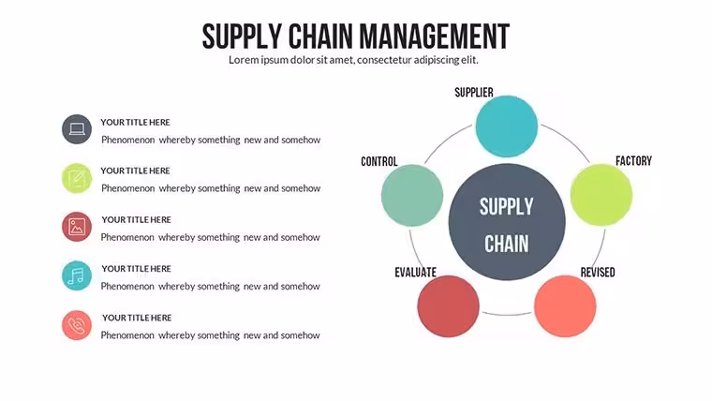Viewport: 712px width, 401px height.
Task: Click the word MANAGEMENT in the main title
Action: pyautogui.click(x=434, y=37)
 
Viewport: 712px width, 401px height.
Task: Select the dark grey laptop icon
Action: pyautogui.click(x=77, y=129)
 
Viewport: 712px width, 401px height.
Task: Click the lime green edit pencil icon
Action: pyautogui.click(x=77, y=178)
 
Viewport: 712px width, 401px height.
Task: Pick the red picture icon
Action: pyautogui.click(x=77, y=227)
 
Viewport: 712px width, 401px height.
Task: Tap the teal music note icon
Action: pyautogui.click(x=77, y=275)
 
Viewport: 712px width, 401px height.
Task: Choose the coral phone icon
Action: pyautogui.click(x=77, y=325)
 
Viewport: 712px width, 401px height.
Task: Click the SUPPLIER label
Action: pyautogui.click(x=474, y=93)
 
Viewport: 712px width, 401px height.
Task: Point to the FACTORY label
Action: pyautogui.click(x=633, y=161)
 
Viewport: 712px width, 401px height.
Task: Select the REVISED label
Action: pyautogui.click(x=598, y=272)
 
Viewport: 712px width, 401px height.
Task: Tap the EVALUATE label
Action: pyautogui.click(x=415, y=272)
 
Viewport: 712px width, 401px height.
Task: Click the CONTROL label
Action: pyautogui.click(x=379, y=162)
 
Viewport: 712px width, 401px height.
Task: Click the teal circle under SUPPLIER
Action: pyautogui.click(x=507, y=126)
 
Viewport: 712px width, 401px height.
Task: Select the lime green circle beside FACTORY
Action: pyautogui.click(x=601, y=195)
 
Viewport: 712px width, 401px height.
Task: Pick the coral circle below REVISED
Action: pyautogui.click(x=565, y=306)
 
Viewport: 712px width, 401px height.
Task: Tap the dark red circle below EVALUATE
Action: pyautogui.click(x=448, y=306)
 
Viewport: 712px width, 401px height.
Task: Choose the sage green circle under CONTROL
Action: pyautogui.click(x=412, y=195)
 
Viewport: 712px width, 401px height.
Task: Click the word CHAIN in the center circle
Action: pyautogui.click(x=506, y=244)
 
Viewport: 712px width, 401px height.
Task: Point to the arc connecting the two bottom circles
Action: pyautogui.click(x=507, y=314)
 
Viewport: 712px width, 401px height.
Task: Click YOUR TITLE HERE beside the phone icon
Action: pyautogui.click(x=137, y=318)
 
